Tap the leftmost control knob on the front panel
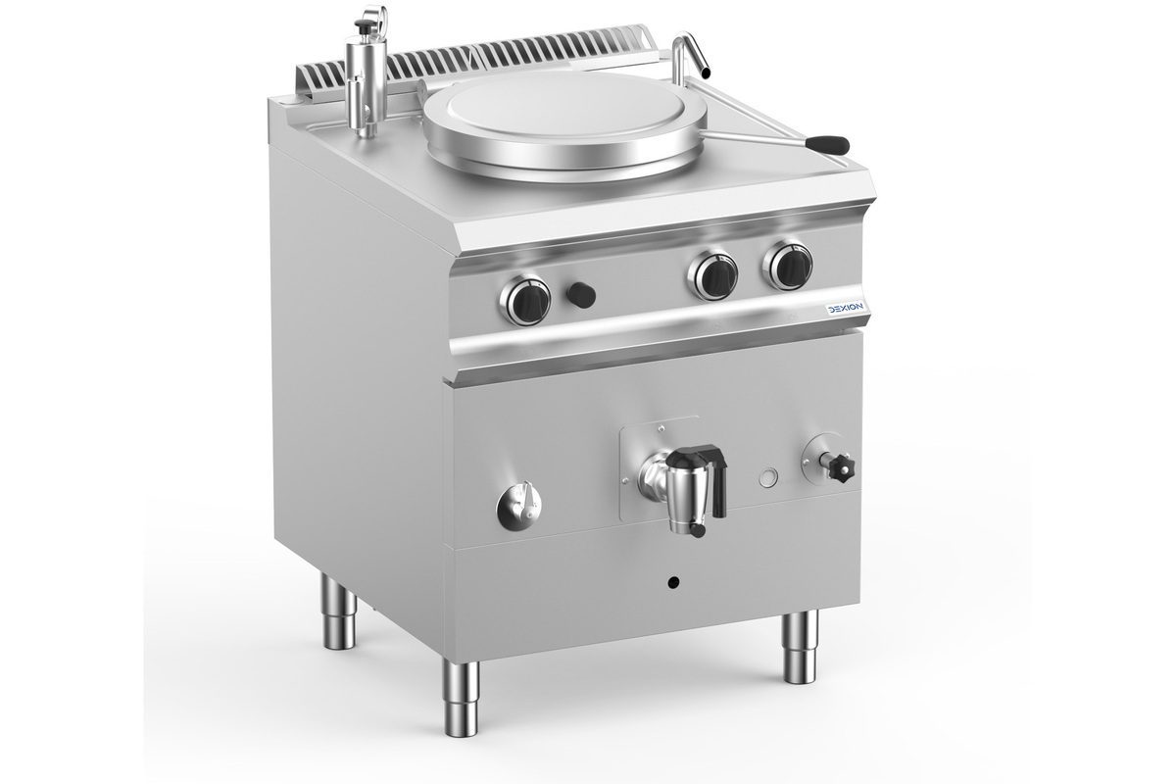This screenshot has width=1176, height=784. (x=525, y=300)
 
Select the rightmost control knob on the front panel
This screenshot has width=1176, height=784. (x=788, y=266)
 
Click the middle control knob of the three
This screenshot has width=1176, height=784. (x=713, y=275)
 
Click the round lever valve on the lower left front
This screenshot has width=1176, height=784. (x=519, y=505)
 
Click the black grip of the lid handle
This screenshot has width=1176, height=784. (x=827, y=143)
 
